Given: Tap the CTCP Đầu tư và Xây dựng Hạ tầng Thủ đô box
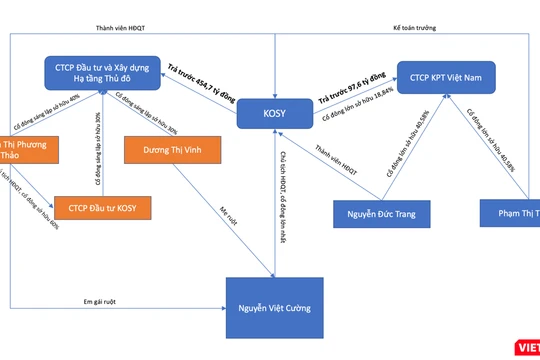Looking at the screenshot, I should [105, 73].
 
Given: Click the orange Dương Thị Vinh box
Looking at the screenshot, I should [165, 150].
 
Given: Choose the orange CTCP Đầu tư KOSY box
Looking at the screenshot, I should [97, 207].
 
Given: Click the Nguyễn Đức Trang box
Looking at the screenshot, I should [377, 213].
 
